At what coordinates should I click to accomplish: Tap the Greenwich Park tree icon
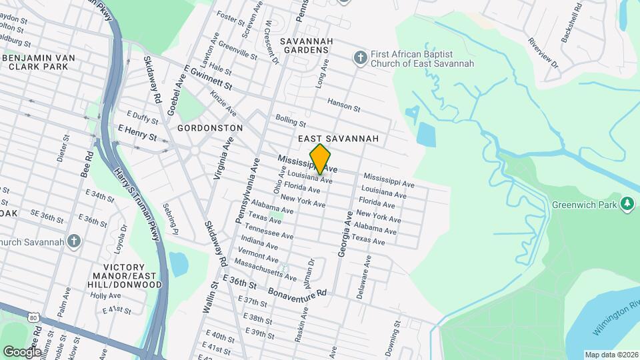coord(627,203)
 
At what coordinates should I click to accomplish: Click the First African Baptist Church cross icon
coord(360,58)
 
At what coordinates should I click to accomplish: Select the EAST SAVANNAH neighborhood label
coord(338,139)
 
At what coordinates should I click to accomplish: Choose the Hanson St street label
coord(343,104)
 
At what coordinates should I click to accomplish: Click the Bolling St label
coord(290,121)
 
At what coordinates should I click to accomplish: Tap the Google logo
coord(22,351)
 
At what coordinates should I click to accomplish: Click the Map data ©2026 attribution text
coord(611,355)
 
